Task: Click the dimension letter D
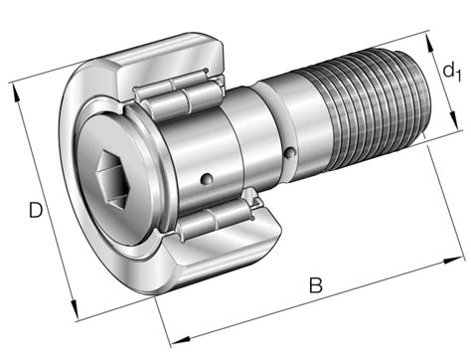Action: click(x=36, y=212)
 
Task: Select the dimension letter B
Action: click(x=315, y=286)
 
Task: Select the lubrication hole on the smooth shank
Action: click(x=291, y=152)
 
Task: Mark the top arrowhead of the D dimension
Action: click(x=17, y=88)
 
